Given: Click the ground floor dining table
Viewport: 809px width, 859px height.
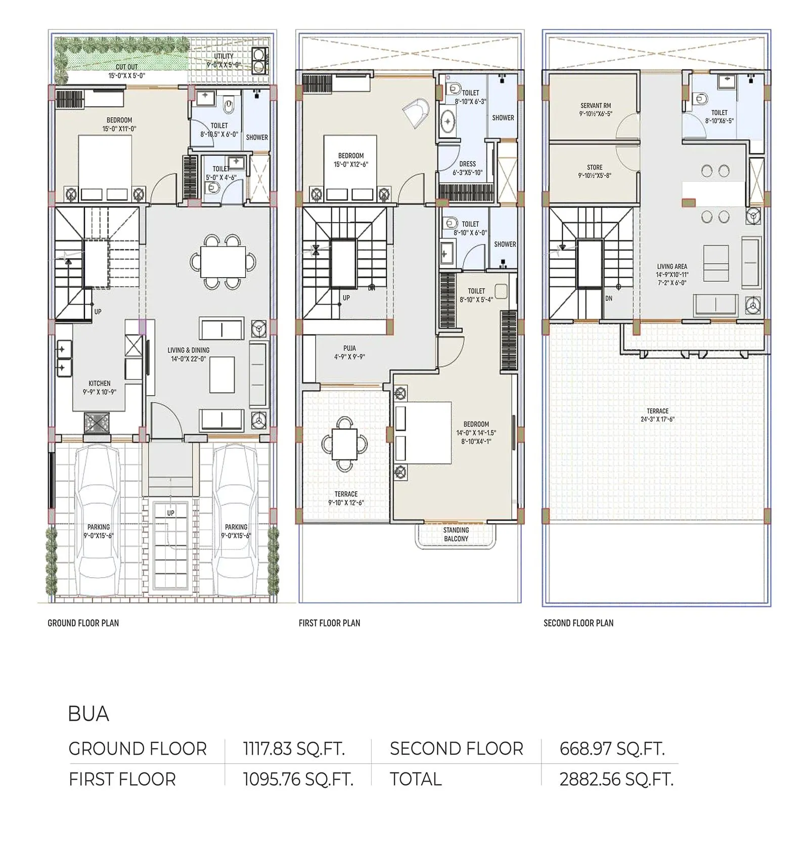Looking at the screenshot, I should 223,262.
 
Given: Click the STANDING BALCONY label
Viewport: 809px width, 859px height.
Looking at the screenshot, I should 456,534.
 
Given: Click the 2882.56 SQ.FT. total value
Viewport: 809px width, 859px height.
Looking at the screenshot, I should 616,779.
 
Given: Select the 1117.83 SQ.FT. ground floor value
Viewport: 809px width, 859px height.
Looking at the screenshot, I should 294,748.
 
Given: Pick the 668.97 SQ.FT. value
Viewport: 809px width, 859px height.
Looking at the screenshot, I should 612,748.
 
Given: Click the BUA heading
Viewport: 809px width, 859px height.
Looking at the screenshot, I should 88,714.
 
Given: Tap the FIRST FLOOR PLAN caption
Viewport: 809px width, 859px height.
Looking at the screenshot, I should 329,623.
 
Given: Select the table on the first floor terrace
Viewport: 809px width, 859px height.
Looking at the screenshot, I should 345,444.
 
